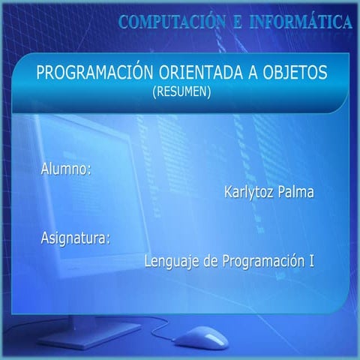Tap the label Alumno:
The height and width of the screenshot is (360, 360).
click(x=66, y=169)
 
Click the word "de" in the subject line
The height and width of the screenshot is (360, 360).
click(x=212, y=262)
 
